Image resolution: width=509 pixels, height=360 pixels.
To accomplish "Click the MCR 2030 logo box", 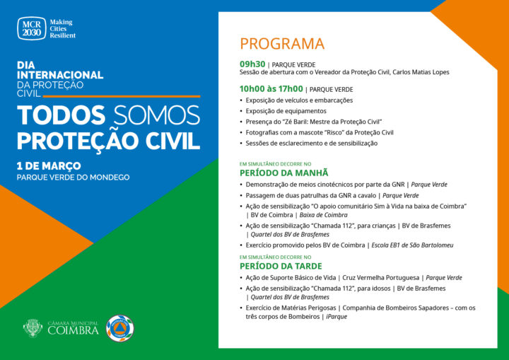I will [31, 28].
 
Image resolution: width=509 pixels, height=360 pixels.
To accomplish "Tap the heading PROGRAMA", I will [281, 44].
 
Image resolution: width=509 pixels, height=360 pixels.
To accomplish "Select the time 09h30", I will [252, 64].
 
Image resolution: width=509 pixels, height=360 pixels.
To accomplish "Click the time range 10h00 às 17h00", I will [271, 89].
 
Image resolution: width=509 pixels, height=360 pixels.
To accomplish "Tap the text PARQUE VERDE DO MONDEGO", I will [73, 177].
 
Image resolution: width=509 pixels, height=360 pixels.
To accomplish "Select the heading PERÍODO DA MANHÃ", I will [284, 173].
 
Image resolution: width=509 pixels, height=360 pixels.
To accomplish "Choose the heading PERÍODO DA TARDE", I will [281, 266].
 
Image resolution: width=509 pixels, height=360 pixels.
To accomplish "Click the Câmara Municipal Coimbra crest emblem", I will [33, 327].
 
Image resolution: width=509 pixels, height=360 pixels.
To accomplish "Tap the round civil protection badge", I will [119, 328].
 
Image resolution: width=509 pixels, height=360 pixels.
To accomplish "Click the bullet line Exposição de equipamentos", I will [286, 111].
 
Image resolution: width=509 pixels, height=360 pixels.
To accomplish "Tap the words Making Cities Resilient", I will [62, 29].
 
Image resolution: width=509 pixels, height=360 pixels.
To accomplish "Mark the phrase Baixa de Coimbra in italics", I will [324, 215].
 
